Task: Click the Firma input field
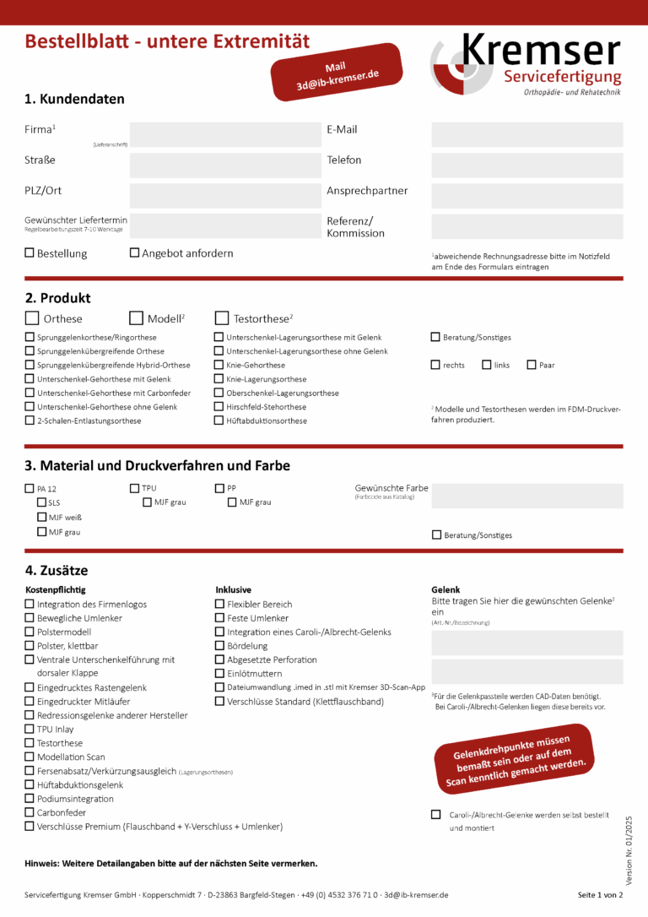point(224,135)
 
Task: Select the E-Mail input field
point(526,135)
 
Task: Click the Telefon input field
point(526,165)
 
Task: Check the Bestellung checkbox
point(30,252)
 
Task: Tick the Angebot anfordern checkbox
point(134,252)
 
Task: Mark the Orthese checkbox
point(32,318)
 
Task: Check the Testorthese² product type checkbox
point(222,318)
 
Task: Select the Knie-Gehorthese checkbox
point(219,365)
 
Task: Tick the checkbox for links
point(487,365)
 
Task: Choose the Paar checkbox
point(532,365)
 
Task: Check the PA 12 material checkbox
point(30,488)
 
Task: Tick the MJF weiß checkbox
point(41,517)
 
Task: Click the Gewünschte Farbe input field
point(526,496)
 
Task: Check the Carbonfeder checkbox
point(30,812)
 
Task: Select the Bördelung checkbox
point(219,646)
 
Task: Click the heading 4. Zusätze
point(57,571)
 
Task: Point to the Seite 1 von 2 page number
point(600,894)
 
